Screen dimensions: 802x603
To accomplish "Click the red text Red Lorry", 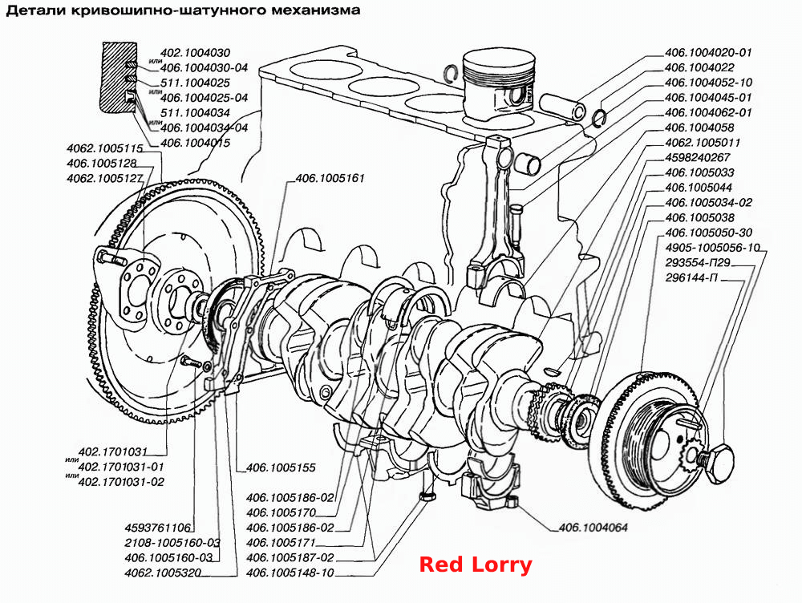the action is (476, 565).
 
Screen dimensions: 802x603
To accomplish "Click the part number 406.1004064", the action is (593, 528).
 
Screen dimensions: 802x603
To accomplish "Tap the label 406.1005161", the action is (330, 178).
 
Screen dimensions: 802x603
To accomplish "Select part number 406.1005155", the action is (281, 467).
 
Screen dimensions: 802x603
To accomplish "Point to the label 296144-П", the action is (691, 277).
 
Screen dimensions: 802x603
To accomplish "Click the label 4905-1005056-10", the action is (712, 248).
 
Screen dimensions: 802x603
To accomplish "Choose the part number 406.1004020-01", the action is (708, 52).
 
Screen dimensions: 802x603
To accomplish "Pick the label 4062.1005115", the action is (105, 148).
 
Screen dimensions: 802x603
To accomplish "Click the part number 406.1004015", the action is (196, 143).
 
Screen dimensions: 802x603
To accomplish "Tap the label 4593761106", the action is (157, 528).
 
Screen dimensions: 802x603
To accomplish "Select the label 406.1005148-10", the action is (290, 573).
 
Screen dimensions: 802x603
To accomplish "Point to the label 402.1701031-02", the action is (121, 482).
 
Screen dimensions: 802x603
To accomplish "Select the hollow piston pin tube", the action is (562, 106).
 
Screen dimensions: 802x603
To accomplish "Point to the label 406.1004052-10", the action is (708, 82).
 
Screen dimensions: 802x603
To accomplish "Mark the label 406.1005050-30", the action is (708, 233).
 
